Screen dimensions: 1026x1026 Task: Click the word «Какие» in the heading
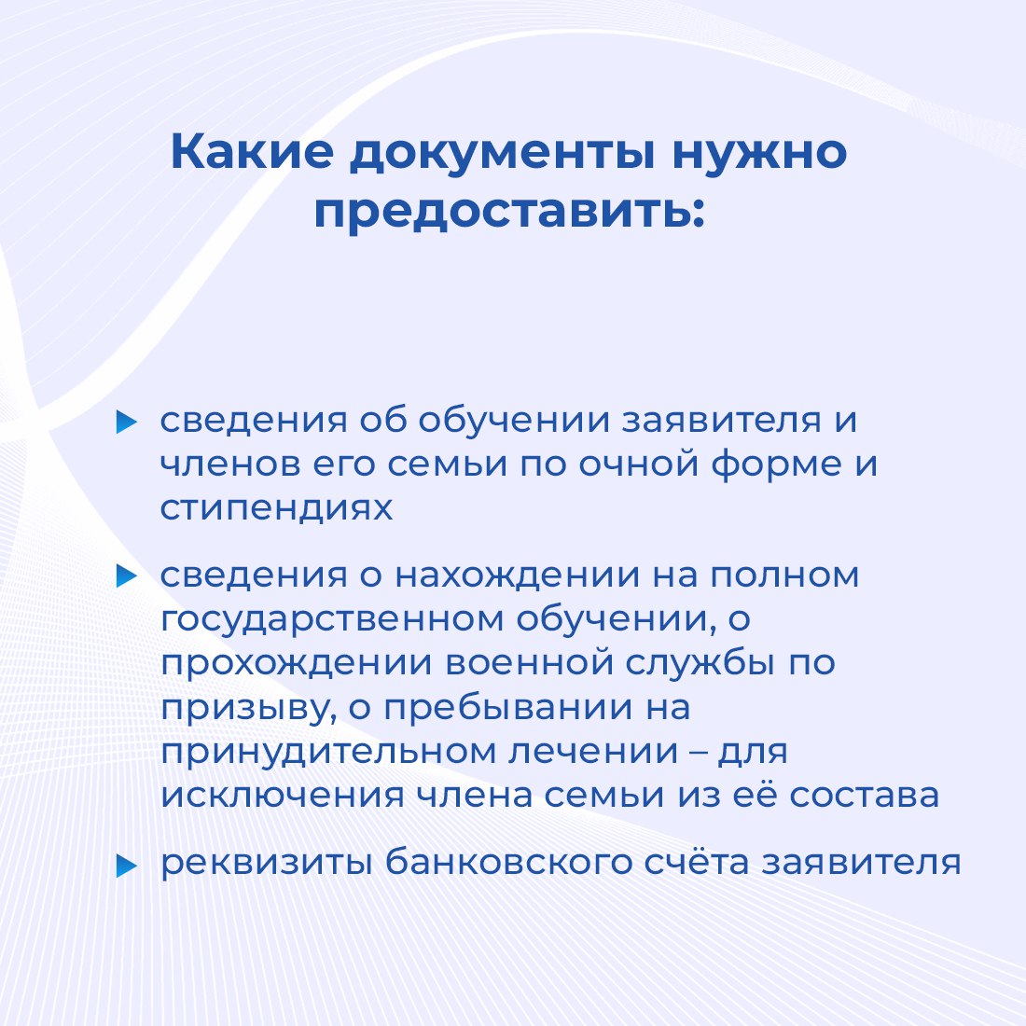pos(252,152)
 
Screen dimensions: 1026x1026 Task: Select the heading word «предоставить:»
pos(509,212)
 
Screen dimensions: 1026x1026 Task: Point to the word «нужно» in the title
pos(759,156)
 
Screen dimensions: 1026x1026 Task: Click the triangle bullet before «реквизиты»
pos(126,866)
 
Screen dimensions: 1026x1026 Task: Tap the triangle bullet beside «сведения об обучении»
pos(126,422)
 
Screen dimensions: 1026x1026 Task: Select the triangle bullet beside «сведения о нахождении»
pos(126,575)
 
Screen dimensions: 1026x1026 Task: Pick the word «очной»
pos(639,464)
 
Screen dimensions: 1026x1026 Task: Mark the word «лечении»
pos(593,752)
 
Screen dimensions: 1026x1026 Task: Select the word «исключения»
pos(283,797)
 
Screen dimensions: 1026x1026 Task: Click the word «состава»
pos(865,797)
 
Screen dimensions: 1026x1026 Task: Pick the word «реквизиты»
pos(267,864)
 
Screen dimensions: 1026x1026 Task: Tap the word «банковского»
pos(508,861)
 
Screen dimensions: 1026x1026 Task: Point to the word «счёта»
pos(697,861)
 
